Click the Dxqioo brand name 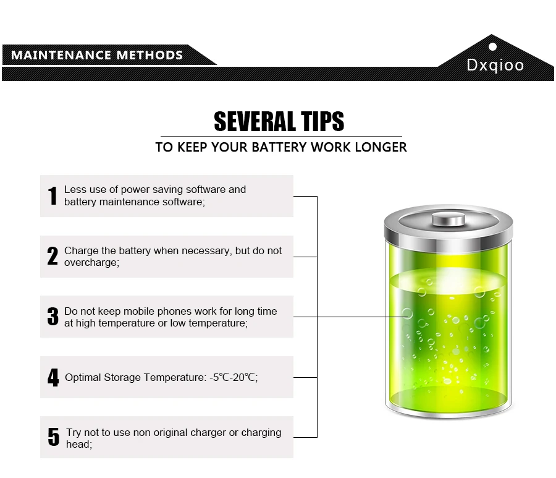point(495,66)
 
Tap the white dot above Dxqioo point(492,47)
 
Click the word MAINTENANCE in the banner point(61,55)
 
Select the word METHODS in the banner point(150,55)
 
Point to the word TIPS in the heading point(322,121)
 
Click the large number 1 point(53,195)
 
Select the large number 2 point(53,256)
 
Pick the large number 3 point(53,316)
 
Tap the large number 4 point(53,377)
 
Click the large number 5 point(54,437)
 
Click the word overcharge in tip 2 point(91,263)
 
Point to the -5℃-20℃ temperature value point(233,377)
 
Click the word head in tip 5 point(78,444)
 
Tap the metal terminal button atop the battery point(449,219)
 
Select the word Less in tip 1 point(75,189)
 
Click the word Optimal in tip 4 point(83,378)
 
